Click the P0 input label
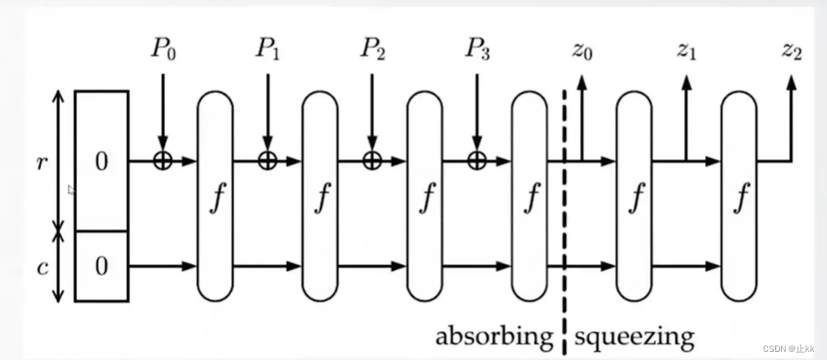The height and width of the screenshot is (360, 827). pyautogui.click(x=163, y=50)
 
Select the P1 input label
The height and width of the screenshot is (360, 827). pyautogui.click(x=267, y=50)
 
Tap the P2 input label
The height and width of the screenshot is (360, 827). pyautogui.click(x=372, y=50)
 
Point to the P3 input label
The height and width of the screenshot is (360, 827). pyautogui.click(x=476, y=50)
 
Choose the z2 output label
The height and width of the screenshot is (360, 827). pyautogui.click(x=791, y=50)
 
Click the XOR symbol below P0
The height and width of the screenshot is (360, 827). pyautogui.click(x=162, y=161)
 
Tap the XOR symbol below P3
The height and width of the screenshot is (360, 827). pyautogui.click(x=475, y=161)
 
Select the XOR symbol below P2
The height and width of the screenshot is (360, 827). pyautogui.click(x=371, y=161)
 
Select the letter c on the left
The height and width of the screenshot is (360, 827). pyautogui.click(x=41, y=267)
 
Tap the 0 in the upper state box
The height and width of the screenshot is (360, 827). pyautogui.click(x=101, y=162)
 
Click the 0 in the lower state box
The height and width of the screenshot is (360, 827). pyautogui.click(x=101, y=267)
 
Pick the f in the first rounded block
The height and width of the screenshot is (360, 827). pyautogui.click(x=215, y=198)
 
